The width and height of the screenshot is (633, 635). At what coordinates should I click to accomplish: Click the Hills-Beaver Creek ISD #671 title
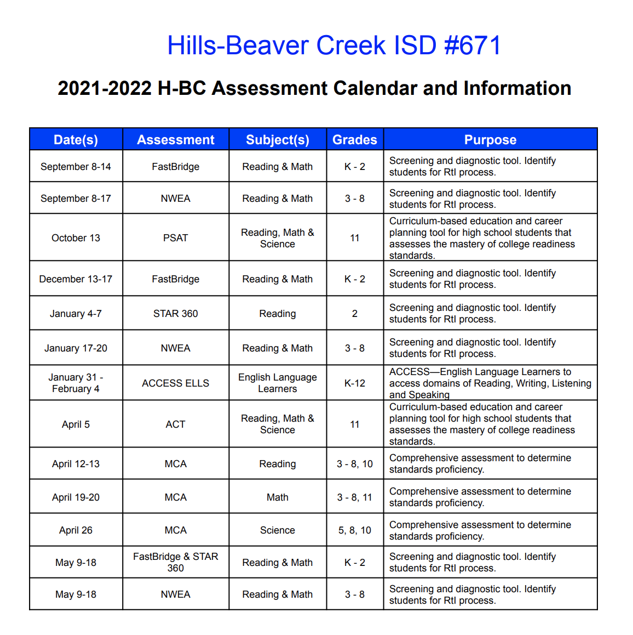333,46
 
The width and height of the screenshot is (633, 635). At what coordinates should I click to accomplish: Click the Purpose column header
490,140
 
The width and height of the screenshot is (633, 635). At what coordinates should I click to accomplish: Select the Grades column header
355,140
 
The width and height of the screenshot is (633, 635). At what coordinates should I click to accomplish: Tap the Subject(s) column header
278,140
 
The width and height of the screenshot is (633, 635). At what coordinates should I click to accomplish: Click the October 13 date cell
76,238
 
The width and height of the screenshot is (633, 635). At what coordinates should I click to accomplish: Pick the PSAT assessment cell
175,238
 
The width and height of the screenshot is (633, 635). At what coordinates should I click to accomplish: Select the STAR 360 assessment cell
175,314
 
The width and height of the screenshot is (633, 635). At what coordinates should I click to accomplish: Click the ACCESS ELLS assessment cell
175,383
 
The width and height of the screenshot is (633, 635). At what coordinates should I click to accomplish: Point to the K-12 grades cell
355,383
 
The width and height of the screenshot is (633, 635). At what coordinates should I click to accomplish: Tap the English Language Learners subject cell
278,383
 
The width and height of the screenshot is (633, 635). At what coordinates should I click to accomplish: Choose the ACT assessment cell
175,424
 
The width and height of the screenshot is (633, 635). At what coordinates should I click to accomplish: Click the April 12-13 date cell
76,464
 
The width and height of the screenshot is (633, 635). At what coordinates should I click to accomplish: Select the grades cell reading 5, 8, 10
355,530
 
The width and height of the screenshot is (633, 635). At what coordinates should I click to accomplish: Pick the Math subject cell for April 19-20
278,497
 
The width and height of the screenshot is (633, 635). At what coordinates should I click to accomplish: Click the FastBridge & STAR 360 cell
175,562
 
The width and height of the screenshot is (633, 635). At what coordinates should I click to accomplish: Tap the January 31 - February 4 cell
76,383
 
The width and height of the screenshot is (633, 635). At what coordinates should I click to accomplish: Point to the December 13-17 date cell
76,279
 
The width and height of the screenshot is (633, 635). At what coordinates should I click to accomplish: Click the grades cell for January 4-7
355,314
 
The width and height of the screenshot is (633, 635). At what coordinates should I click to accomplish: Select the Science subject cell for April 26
278,530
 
